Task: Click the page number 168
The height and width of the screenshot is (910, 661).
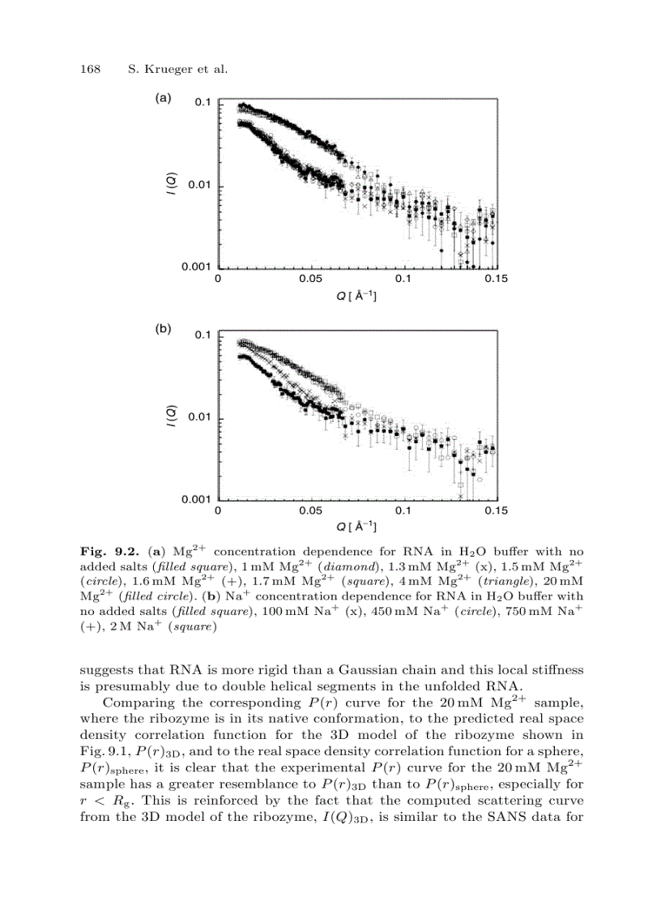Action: pos(88,69)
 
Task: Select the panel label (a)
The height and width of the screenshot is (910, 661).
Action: pos(163,98)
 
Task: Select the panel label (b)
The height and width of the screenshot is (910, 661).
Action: pos(163,330)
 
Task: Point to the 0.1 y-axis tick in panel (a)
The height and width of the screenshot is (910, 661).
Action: pos(203,103)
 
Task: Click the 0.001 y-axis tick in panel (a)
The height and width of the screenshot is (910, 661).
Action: pos(196,267)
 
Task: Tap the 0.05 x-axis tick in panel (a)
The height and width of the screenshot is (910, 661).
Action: pos(311,279)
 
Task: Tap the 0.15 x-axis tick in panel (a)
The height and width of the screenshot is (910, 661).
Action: pos(496,279)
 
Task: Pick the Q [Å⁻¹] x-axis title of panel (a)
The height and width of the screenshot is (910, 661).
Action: pos(357,296)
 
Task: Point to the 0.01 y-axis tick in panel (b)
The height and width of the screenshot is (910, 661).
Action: pos(199,418)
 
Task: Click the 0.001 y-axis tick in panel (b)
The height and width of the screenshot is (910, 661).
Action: pos(196,499)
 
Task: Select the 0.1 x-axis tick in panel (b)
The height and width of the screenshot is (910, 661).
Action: pos(403,511)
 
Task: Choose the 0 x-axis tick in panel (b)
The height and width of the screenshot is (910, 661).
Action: pos(218,511)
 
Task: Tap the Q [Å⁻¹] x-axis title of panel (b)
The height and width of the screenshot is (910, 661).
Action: pos(357,528)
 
